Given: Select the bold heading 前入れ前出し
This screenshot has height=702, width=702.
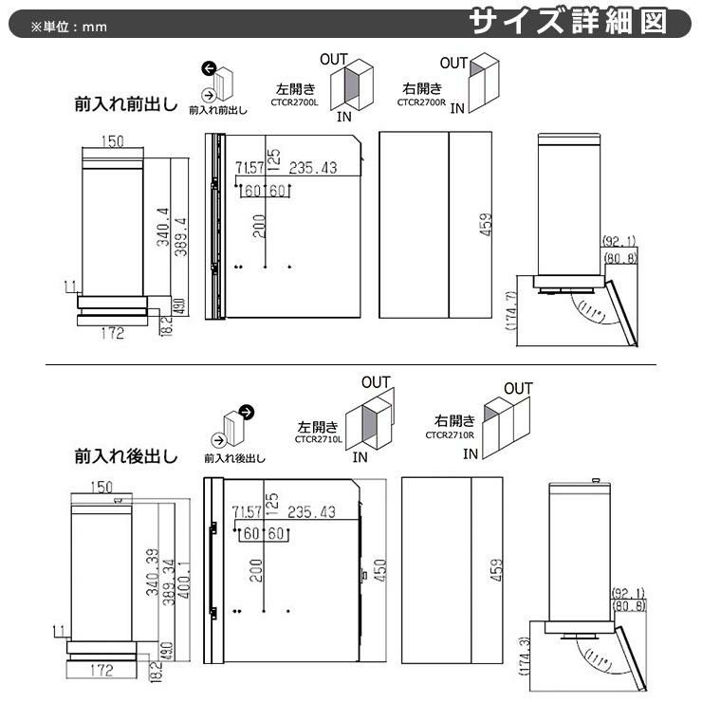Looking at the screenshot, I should (125, 104).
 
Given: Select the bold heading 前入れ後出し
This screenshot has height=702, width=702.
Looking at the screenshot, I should (125, 456).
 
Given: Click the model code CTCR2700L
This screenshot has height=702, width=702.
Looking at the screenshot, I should (295, 101).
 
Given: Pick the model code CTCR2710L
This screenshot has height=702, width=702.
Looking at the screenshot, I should (319, 439).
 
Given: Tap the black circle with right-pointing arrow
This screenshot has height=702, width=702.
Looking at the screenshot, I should (247, 412).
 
